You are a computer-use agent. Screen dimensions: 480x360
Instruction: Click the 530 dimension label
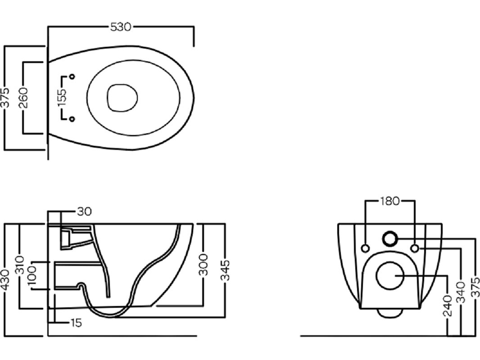121,27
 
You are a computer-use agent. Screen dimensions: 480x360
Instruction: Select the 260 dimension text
23,98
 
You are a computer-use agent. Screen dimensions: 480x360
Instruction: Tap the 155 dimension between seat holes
62,97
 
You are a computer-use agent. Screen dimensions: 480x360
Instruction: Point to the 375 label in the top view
5,98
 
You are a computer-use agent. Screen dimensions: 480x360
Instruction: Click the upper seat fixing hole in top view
72,76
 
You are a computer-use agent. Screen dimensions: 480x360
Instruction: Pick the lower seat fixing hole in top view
72,119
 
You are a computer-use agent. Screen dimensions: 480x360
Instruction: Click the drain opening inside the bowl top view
122,98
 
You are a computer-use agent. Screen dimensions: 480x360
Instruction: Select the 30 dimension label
84,211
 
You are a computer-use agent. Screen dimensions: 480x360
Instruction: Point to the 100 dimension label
32,275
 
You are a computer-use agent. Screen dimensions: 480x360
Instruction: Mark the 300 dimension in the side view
203,265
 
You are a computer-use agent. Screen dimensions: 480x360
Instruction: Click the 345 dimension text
225,270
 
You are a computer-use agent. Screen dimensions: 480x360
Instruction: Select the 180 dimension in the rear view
389,201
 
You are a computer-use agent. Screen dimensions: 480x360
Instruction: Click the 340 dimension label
461,292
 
